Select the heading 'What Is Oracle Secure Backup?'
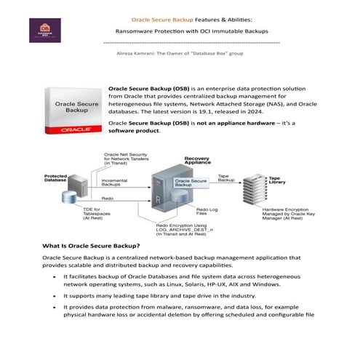[91, 245]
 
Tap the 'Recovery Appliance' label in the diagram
[197, 161]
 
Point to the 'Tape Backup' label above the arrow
[226, 177]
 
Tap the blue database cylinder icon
[71, 197]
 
